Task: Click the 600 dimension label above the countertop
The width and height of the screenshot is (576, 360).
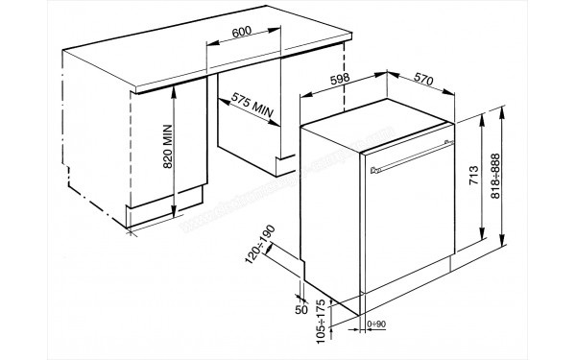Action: [242, 32]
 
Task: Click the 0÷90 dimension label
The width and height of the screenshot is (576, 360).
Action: [377, 325]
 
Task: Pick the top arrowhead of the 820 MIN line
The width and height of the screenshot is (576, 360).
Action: [172, 87]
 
